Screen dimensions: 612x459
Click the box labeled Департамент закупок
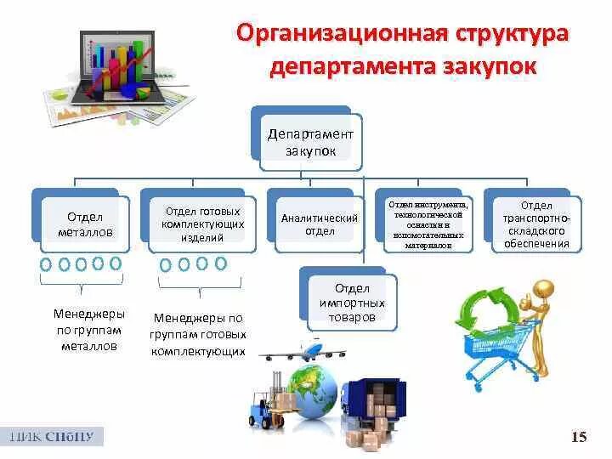coord(310,142)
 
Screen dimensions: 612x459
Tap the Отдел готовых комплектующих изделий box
coord(202,224)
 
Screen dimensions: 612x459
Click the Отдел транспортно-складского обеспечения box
coord(537,224)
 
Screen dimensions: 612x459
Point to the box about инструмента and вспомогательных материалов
coord(428,224)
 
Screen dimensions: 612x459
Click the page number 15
coord(579,437)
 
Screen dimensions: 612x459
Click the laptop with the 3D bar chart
coord(118,68)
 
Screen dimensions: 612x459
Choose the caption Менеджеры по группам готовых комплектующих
coord(199,334)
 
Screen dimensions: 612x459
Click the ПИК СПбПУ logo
coord(52,437)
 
